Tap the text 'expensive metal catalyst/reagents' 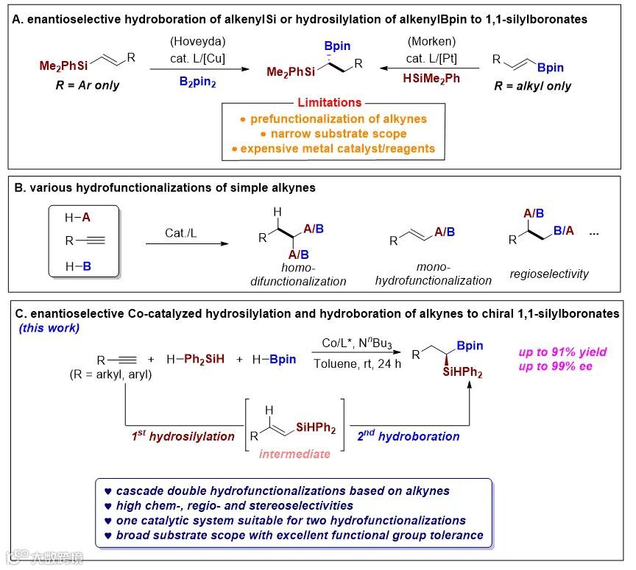pyautogui.click(x=333, y=148)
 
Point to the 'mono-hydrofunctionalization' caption pyautogui.click(x=433, y=274)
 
